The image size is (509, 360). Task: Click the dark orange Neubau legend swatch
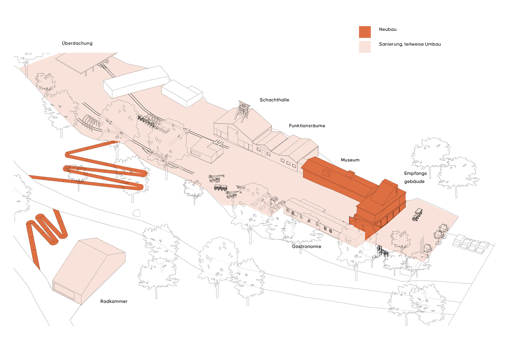(x=365, y=32)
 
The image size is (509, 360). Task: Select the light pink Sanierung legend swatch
(x=365, y=47)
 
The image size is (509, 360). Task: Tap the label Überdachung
(x=77, y=43)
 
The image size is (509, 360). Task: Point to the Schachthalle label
(x=274, y=100)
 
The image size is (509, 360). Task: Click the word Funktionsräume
(x=307, y=126)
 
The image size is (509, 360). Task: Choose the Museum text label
(x=350, y=160)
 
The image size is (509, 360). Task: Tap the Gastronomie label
(x=306, y=246)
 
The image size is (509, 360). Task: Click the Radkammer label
(x=114, y=301)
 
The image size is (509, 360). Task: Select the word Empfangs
(x=416, y=174)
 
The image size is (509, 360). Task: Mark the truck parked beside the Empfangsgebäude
(x=417, y=215)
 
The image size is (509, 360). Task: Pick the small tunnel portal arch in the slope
(x=136, y=213)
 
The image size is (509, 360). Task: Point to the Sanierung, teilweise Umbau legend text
(x=410, y=44)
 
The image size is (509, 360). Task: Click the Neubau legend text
(x=388, y=29)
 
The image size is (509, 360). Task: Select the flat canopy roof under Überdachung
(x=86, y=62)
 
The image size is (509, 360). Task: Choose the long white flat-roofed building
(x=136, y=82)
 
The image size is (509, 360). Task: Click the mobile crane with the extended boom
(x=216, y=178)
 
